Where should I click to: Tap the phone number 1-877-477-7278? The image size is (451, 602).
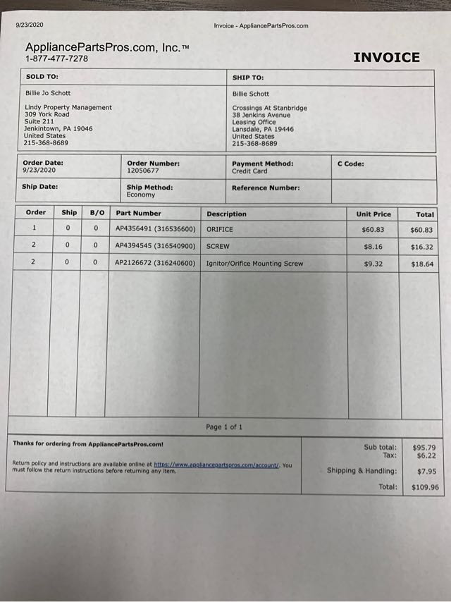point(57,59)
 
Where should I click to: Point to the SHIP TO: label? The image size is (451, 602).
point(248,78)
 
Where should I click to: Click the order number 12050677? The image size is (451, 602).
point(142,171)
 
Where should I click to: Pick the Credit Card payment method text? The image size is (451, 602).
point(249,171)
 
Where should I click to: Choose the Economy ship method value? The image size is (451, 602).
point(141,195)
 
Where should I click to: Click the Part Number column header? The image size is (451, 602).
point(138,213)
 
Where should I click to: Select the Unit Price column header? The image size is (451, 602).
point(373,214)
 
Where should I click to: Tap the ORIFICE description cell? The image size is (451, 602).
point(219,230)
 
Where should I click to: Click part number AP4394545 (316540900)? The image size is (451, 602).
point(155,247)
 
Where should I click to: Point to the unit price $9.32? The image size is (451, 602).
point(373,264)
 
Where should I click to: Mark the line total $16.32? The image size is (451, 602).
point(422,247)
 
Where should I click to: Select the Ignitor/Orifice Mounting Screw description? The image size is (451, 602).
point(254,264)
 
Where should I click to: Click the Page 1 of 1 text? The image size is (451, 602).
point(224,427)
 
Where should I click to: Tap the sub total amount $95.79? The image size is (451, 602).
point(424,447)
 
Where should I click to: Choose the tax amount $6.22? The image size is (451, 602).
point(426,455)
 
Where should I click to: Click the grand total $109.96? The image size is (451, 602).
point(425,487)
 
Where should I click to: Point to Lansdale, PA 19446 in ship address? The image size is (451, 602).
point(263,130)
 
